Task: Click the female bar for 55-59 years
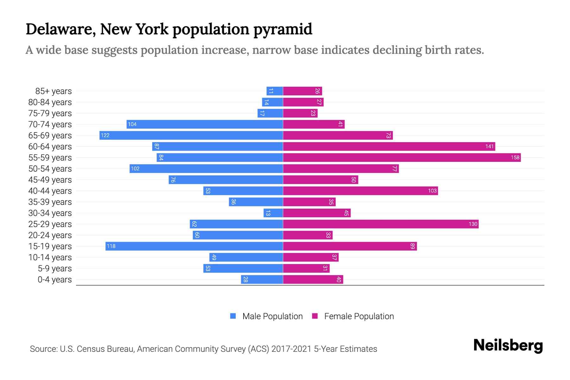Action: point(402,157)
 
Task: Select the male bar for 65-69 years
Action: point(191,135)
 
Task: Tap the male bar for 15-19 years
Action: point(194,246)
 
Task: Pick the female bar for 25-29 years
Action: point(381,224)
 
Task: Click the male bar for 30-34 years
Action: point(273,213)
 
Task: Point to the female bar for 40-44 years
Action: point(360,191)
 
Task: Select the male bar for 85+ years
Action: point(275,91)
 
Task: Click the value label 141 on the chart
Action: point(489,146)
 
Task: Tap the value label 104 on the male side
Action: point(132,124)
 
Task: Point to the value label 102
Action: point(135,168)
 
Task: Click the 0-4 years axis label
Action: point(54,280)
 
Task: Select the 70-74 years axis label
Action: point(50,124)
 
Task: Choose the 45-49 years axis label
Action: point(50,180)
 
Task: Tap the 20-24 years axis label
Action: point(50,235)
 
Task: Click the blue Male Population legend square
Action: point(233,316)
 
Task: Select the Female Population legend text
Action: point(359,316)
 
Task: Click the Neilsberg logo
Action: point(508,345)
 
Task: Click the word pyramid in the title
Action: point(282,29)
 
